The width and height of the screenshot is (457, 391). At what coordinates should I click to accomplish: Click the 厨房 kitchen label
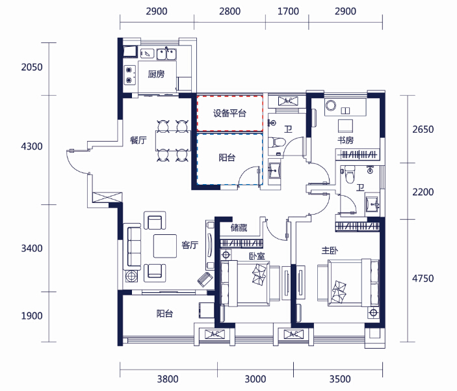click(156, 74)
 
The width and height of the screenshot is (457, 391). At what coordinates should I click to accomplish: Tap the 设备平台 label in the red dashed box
click(229, 113)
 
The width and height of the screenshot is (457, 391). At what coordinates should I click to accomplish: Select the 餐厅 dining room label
click(138, 141)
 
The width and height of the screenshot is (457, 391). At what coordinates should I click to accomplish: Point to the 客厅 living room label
click(190, 245)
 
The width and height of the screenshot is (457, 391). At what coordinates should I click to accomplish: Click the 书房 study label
click(345, 140)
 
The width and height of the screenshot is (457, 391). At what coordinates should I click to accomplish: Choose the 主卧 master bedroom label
click(330, 250)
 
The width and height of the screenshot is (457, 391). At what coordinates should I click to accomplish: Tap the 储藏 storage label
click(239, 228)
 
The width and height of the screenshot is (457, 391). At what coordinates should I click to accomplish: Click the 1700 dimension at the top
click(288, 11)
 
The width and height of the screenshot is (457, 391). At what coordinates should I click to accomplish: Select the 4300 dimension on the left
click(32, 146)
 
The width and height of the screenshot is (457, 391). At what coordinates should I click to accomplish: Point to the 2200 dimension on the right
click(423, 192)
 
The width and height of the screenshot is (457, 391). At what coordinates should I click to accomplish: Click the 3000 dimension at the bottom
click(255, 379)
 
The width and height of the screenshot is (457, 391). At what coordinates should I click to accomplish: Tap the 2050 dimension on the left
click(32, 67)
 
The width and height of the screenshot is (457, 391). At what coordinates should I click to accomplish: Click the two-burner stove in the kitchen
click(130, 75)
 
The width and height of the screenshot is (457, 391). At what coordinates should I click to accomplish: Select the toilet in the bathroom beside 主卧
click(350, 174)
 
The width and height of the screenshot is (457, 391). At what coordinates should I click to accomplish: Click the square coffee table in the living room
click(165, 246)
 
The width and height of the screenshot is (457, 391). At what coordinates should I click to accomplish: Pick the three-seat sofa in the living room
click(132, 247)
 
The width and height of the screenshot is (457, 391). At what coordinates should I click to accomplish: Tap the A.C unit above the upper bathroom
click(288, 101)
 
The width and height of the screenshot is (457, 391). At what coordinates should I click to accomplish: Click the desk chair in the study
click(345, 126)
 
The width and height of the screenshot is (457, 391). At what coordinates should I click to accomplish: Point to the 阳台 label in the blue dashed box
click(227, 157)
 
